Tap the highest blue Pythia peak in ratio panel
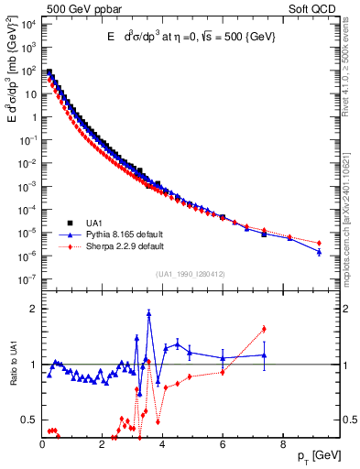149,312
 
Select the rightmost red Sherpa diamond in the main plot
319,243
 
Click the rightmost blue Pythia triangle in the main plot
319,252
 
